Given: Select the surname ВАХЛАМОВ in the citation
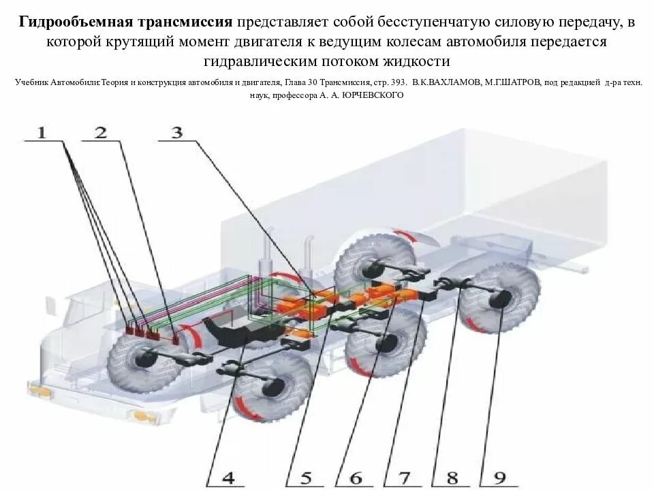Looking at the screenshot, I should point(452,82).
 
